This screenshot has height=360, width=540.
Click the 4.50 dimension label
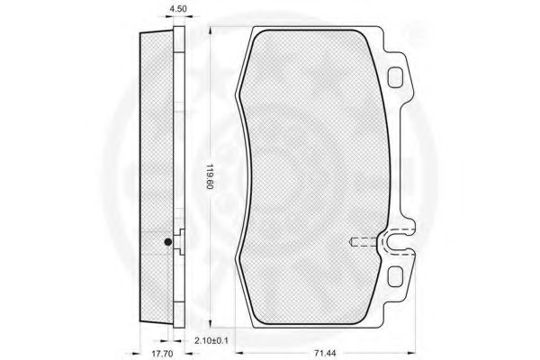pos(178,9)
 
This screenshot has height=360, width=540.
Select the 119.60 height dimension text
pos(210,176)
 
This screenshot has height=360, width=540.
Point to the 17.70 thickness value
pos(162,354)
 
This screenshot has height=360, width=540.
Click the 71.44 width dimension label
pos(325,353)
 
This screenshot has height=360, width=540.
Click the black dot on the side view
pos(168,242)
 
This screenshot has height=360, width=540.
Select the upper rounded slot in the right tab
pos(395,76)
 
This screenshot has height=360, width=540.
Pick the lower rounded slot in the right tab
pos(395,276)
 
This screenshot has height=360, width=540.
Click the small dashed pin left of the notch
pos(363,242)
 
